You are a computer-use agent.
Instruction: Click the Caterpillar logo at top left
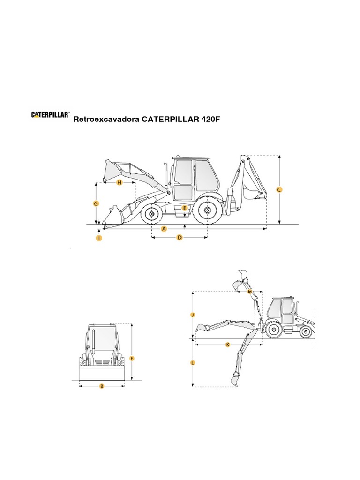[51, 114]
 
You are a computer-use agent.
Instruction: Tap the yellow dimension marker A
[164, 229]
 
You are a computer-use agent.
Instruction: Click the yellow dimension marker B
[102, 386]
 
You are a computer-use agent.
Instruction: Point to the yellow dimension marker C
[279, 190]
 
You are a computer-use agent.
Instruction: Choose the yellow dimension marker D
[179, 238]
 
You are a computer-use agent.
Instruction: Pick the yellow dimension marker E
[185, 208]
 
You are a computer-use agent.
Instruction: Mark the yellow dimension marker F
[132, 359]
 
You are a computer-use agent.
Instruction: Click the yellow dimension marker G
[96, 203]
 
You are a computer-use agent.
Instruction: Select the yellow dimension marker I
[99, 238]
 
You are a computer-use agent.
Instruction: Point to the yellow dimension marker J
[193, 315]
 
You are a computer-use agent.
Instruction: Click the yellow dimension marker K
[228, 345]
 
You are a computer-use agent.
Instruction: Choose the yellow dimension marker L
[193, 362]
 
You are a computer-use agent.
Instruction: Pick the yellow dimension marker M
[250, 292]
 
